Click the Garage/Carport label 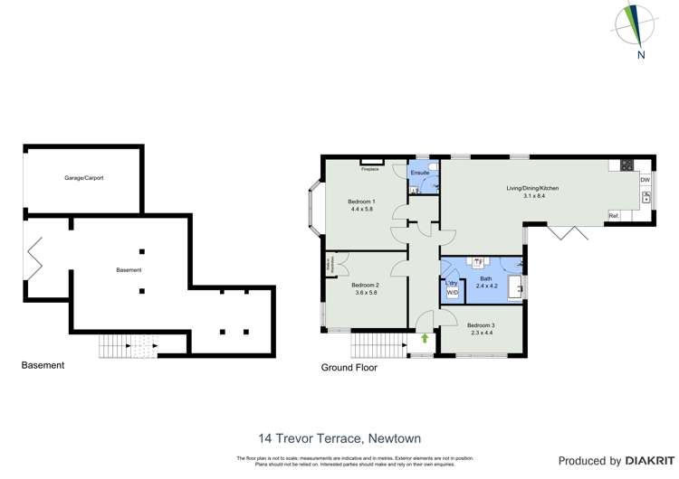(83, 178)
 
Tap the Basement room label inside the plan (129, 270)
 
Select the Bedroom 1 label (361, 201)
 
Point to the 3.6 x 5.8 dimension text (364, 292)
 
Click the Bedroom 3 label (481, 325)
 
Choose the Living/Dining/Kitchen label (532, 188)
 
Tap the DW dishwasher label (645, 180)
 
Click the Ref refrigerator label (613, 215)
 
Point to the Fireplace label (369, 169)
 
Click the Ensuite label (420, 172)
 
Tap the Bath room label (486, 278)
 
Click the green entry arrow (424, 339)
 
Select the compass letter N (641, 54)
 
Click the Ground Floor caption (349, 368)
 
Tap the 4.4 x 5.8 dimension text (361, 209)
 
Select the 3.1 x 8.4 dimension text (532, 196)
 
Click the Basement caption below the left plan (43, 365)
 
